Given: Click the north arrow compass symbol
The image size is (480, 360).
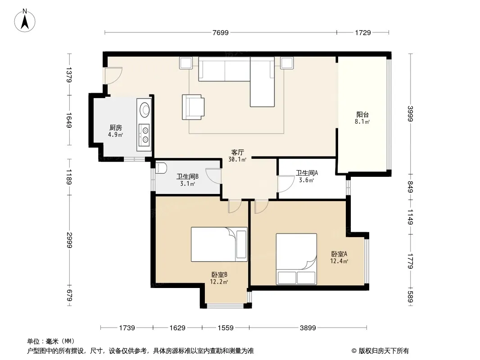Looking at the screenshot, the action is pos(25,21).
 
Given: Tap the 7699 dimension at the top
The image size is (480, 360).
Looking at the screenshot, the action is pos(220,32).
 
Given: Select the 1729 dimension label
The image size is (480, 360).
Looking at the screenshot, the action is pos(363,32).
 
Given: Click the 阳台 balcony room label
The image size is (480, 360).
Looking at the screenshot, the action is pos(362,115).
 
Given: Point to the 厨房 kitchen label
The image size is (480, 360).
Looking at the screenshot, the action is pos(115,127).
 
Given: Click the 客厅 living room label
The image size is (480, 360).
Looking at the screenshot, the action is pos(238,152).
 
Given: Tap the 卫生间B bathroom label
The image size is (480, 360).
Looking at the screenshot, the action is pos(187,176).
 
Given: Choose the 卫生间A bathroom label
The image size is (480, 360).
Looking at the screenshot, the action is pos(307,173).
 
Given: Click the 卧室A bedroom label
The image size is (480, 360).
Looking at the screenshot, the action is pos(339,254).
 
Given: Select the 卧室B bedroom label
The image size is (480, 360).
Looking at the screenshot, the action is pos(219,274).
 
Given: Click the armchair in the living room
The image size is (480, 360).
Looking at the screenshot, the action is pos(193,107).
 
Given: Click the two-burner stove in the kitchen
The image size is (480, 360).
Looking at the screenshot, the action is pos(144,135).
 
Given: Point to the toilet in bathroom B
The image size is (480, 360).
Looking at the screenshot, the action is pos(161,168).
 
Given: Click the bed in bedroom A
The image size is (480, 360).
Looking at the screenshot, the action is pos(296,259).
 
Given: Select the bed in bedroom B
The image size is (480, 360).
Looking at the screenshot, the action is pos(219,244).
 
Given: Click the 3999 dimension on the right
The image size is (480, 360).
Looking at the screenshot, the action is pos(410,113).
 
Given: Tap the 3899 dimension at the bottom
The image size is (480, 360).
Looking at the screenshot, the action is pos(308,328).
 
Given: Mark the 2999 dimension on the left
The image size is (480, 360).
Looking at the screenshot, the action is pos(69,240).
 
